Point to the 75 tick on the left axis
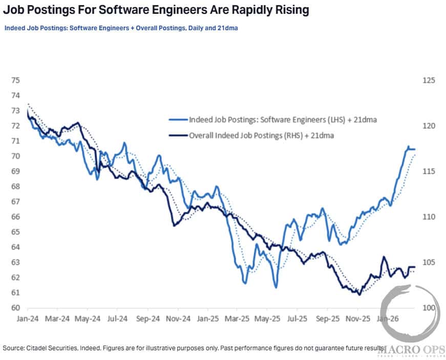click(x=16, y=80)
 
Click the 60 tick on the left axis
click(x=16, y=308)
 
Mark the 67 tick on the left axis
click(x=16, y=202)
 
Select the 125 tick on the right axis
click(x=429, y=80)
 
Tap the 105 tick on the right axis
click(x=429, y=263)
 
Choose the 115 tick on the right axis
click(x=429, y=172)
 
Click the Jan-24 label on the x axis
click(x=27, y=318)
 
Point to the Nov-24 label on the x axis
click(x=179, y=318)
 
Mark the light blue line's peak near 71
click(x=409, y=146)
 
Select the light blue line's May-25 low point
click(x=276, y=287)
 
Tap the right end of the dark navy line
click(x=415, y=267)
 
